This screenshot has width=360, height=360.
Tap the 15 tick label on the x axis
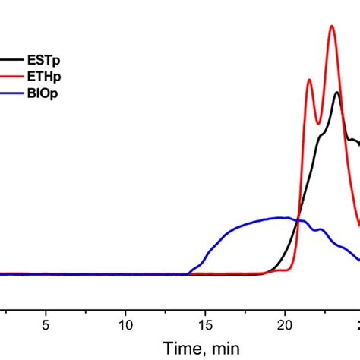point(206,322)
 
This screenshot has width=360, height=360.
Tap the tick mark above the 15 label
point(206,307)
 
